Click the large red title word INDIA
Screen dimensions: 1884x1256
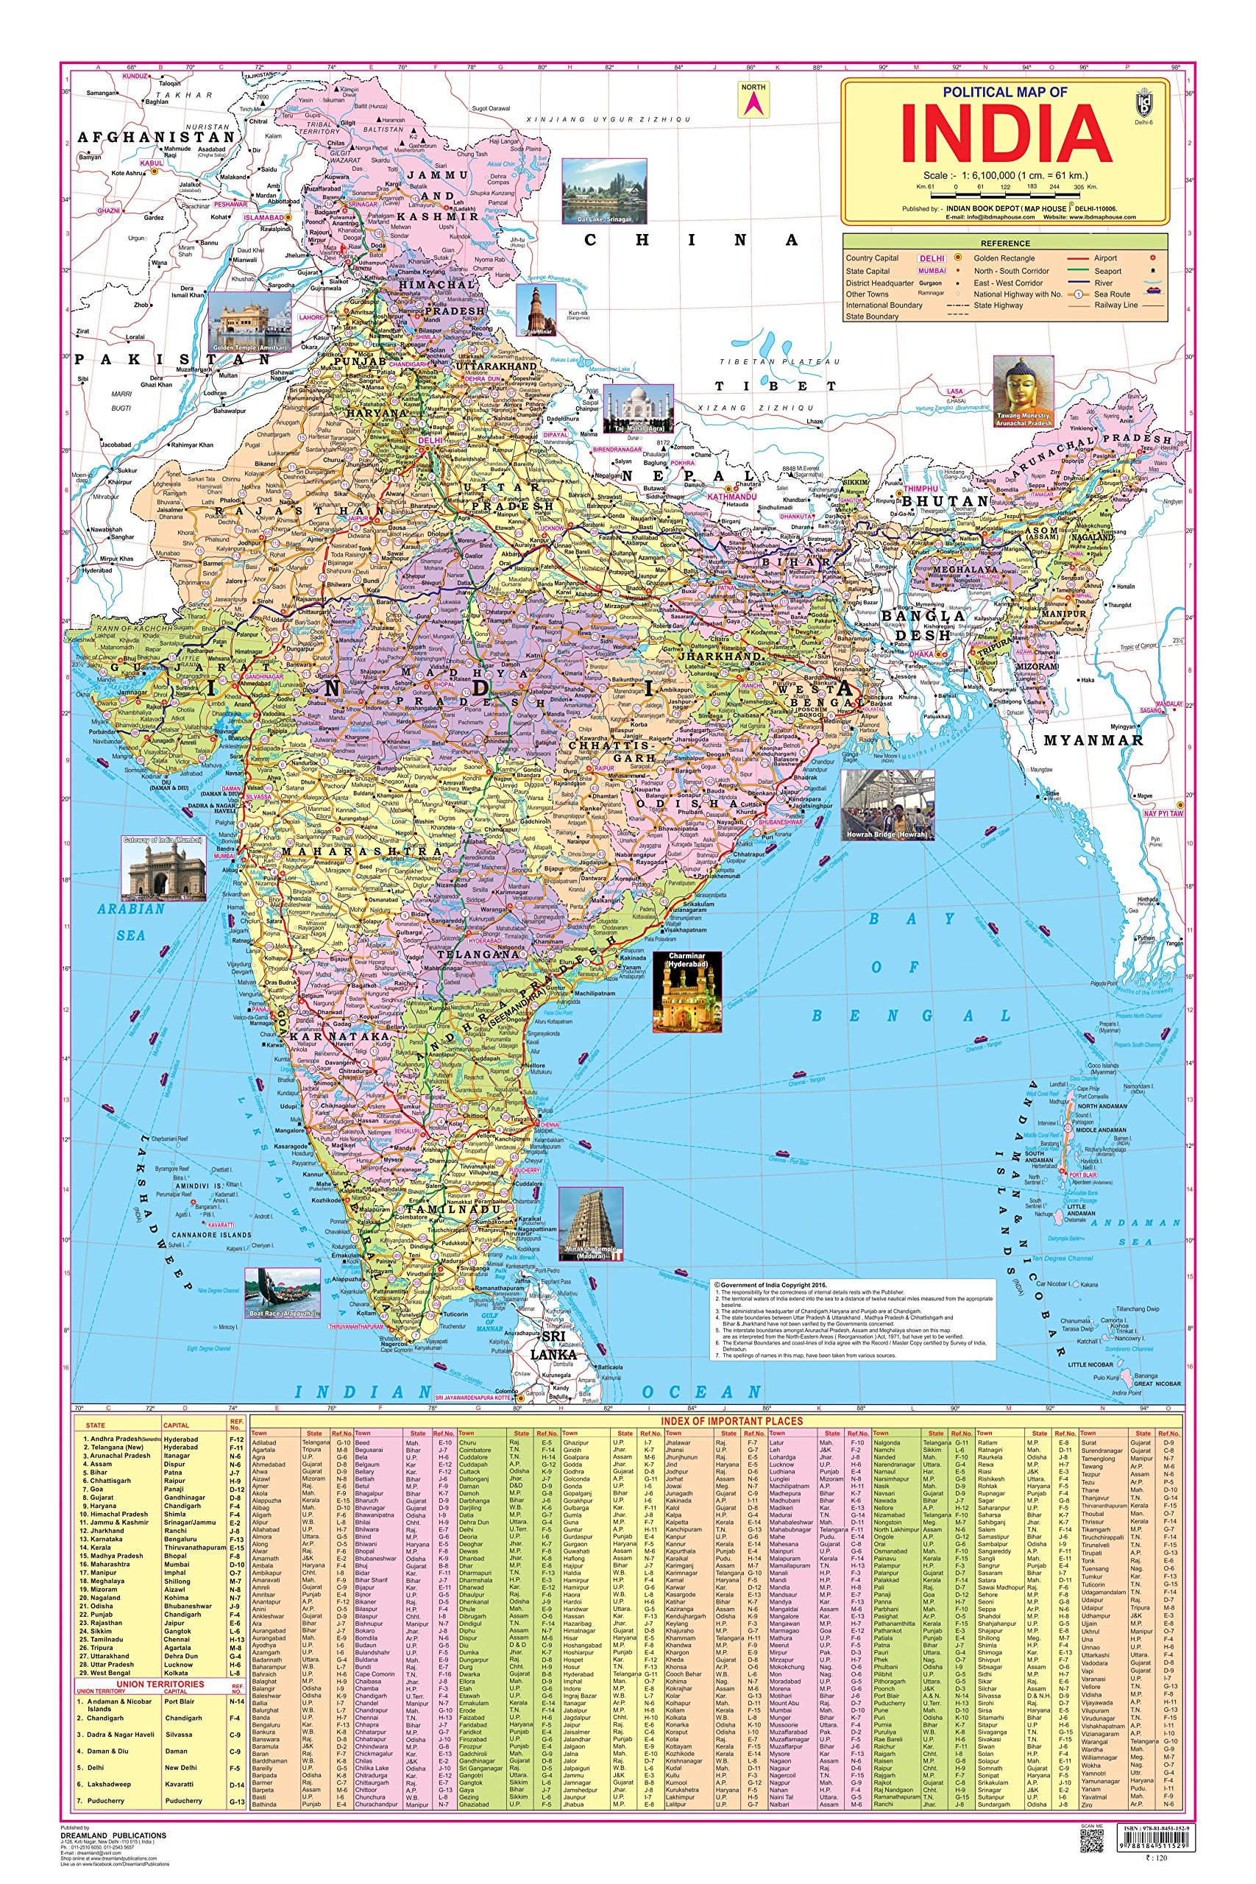[1007, 134]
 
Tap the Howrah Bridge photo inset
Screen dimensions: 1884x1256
[887, 805]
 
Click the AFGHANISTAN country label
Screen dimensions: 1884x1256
[156, 137]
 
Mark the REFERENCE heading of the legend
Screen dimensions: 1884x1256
[1005, 243]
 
